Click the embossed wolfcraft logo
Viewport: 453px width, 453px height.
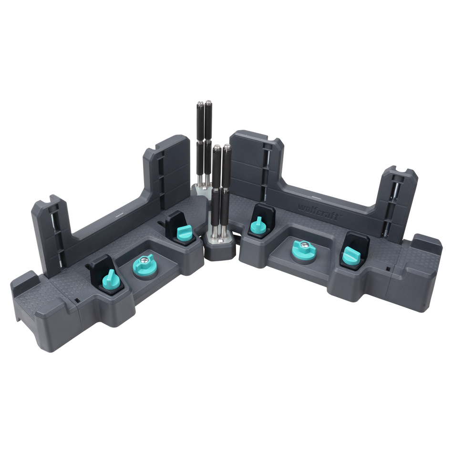pyautogui.click(x=318, y=212)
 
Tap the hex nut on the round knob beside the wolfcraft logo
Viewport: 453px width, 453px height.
pyautogui.click(x=303, y=245)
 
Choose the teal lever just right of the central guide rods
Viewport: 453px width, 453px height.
pyautogui.click(x=258, y=225)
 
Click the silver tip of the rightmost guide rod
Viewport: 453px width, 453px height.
pyautogui.click(x=227, y=147)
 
